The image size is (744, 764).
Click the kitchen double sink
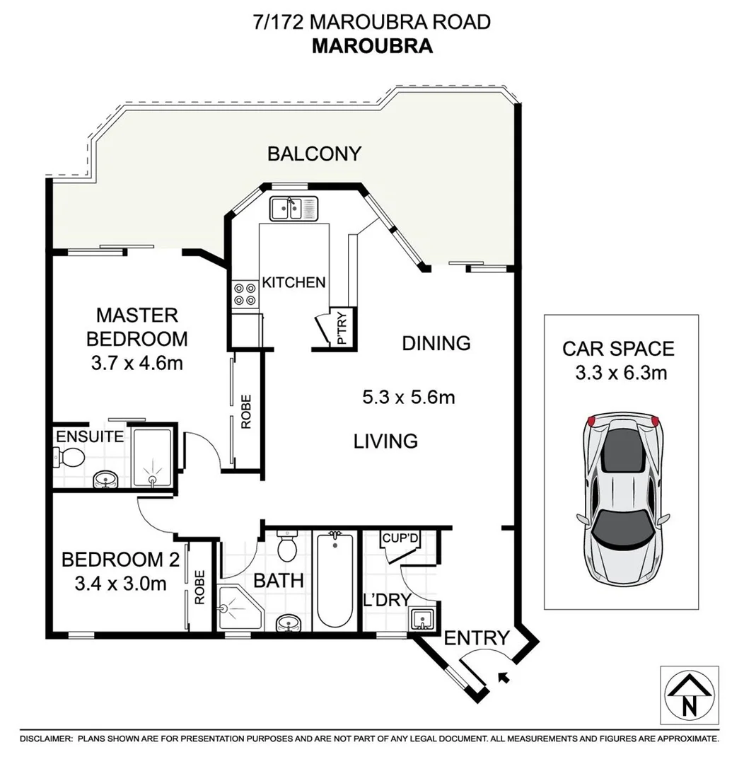[294, 208]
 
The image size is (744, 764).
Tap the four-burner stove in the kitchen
[245, 294]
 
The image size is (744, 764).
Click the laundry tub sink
[422, 619]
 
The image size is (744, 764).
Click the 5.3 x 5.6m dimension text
[408, 398]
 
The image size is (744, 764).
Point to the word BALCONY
[314, 154]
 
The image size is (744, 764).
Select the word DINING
[436, 343]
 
